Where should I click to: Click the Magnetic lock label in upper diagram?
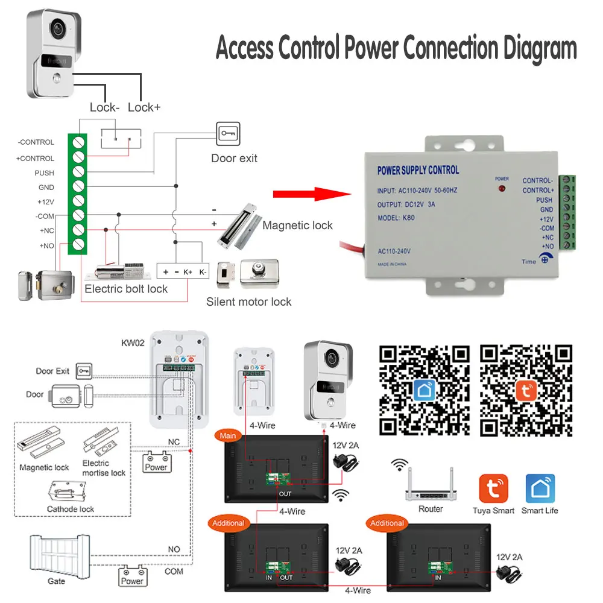[297, 226]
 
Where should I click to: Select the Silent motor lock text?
[248, 301]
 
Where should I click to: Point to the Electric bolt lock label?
[126, 289]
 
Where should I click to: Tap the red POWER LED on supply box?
[501, 189]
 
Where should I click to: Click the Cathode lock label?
[71, 509]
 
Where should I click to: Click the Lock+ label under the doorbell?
[144, 107]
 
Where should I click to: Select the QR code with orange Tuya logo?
[526, 390]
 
